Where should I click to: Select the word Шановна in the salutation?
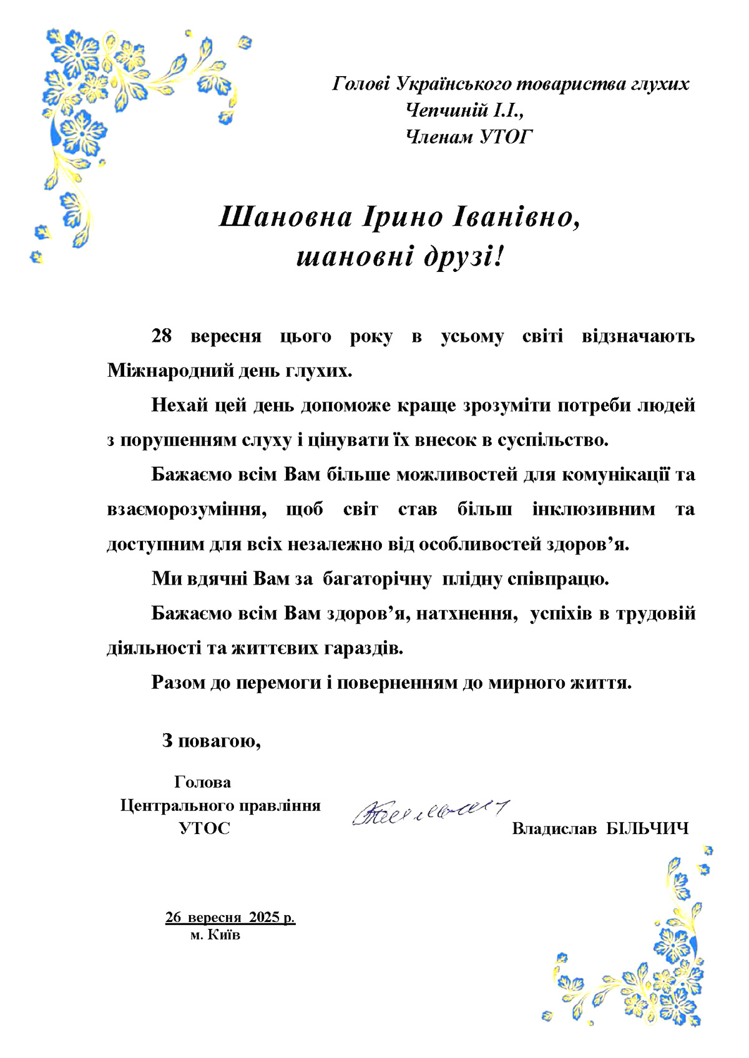pyautogui.click(x=283, y=217)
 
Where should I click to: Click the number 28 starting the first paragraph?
pyautogui.click(x=162, y=337)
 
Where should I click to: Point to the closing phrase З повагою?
pyautogui.click(x=211, y=741)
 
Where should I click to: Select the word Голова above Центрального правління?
pyautogui.click(x=202, y=782)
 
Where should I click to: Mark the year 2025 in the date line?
pyautogui.click(x=264, y=918)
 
